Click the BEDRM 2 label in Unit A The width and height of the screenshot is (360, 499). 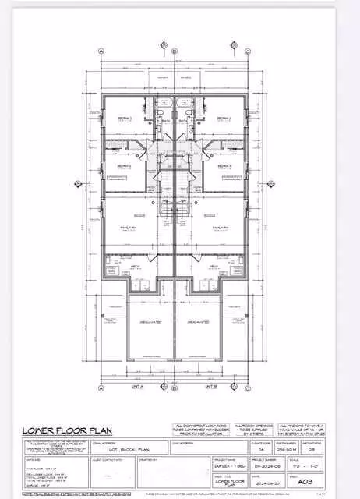[x=125, y=119]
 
